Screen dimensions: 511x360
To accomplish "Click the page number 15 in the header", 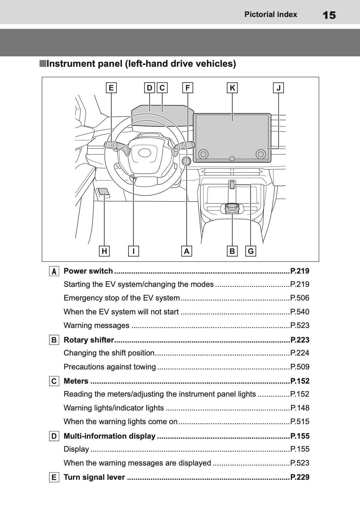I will coord(328,15).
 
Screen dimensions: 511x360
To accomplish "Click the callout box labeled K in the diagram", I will coord(232,88).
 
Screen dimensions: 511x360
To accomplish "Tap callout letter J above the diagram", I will coord(279,88).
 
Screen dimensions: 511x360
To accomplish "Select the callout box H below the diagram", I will coord(104,251).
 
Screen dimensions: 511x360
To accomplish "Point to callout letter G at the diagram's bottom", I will coord(251,251).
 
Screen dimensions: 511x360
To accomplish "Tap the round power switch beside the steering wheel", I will coord(186,161).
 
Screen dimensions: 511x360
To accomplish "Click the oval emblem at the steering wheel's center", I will coord(144,153).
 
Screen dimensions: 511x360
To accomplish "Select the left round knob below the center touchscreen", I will coord(203,154).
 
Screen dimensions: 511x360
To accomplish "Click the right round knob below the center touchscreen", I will coord(260,154).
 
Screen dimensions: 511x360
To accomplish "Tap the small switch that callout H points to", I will coord(103,192).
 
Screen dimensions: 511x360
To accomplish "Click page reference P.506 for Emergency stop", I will coord(300,298).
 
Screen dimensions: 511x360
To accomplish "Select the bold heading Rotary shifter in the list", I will coord(89,340).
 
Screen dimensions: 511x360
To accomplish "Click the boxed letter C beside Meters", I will coord(54,381).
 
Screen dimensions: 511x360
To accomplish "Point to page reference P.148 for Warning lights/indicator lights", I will coord(300,408).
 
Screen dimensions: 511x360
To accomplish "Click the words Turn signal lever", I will coord(94,477).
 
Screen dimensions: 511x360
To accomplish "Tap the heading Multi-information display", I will coord(109,436).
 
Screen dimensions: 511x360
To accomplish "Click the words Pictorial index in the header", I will coord(270,15).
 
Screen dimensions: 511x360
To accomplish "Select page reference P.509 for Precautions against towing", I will coord(300,367).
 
